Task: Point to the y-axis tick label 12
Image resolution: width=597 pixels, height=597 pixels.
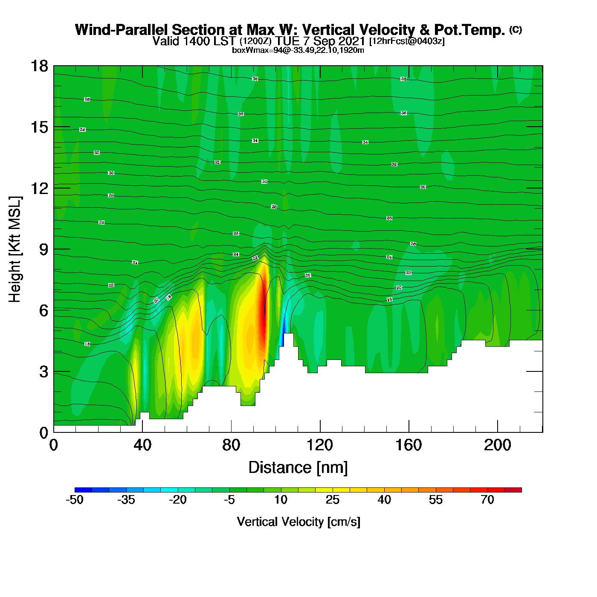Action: tap(39, 188)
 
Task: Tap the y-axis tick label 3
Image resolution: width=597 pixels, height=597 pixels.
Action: tap(43, 372)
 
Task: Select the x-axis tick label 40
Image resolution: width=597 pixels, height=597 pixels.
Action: tap(142, 445)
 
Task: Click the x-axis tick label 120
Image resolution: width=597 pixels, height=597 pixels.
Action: tap(320, 445)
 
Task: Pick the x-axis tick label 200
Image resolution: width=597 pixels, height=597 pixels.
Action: tap(497, 445)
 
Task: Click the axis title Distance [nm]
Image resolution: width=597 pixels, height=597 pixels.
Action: tap(298, 468)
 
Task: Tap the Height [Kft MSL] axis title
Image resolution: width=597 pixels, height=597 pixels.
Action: tap(15, 249)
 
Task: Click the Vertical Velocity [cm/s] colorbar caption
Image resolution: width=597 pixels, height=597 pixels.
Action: tap(298, 522)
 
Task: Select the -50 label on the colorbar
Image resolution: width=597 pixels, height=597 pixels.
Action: tap(75, 500)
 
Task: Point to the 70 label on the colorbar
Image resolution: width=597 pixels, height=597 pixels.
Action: tap(487, 500)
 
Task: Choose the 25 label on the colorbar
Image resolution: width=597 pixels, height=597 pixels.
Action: tap(333, 500)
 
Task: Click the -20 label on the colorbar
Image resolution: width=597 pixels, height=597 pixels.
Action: tap(178, 500)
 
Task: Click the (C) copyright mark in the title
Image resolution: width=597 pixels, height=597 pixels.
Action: tap(516, 29)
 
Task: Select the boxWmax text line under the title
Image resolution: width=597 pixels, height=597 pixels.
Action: tap(298, 50)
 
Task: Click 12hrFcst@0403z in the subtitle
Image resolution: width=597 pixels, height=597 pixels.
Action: tap(407, 41)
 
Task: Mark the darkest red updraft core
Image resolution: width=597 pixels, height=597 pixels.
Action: tap(264, 316)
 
